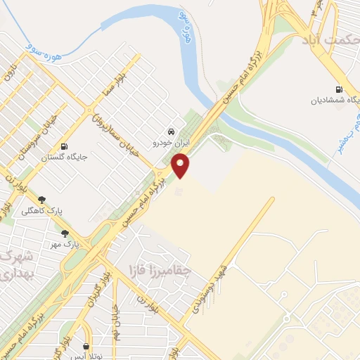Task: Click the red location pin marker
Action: [x=181, y=166]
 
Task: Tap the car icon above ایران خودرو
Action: [x=171, y=131]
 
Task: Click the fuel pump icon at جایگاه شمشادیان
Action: [x=340, y=89]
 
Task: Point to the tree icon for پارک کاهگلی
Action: [x=41, y=200]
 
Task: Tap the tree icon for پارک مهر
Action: [x=65, y=233]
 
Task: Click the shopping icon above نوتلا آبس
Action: [x=86, y=346]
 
